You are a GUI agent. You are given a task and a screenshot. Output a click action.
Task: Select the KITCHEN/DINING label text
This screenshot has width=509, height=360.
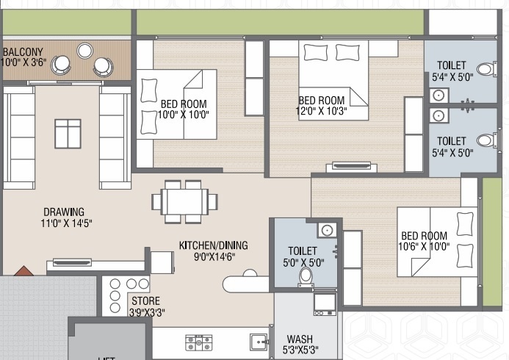point(214,245)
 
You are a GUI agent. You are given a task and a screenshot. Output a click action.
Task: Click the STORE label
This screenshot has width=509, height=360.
point(145,301)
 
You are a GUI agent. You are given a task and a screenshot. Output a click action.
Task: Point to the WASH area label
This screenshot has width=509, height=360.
point(300,339)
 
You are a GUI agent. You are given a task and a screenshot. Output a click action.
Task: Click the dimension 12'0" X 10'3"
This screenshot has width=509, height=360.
point(322,112)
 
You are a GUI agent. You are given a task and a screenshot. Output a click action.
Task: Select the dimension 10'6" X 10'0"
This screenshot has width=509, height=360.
point(425,248)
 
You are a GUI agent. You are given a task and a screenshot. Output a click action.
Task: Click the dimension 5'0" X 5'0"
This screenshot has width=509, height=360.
point(303,262)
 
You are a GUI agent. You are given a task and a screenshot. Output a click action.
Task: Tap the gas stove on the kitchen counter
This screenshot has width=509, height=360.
point(198,340)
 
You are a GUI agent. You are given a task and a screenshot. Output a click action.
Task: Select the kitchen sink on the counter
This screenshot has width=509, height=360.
point(258,342)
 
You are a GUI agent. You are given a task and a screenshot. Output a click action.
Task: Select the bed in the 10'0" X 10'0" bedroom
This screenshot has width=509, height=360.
point(176,104)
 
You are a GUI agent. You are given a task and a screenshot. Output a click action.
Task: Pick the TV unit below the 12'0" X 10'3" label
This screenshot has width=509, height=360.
point(350,165)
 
